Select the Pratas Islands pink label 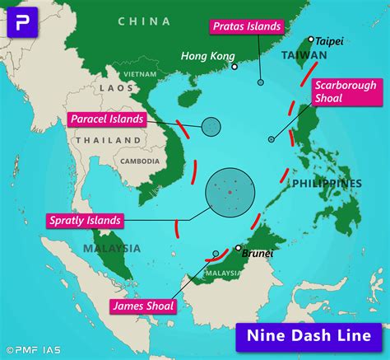pos(246,26)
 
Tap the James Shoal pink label pos(142,306)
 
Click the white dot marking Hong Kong pos(234,67)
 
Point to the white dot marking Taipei pos(311,39)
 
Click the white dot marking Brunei pos(238,247)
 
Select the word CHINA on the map pos(144,21)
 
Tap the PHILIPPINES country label pos(327,183)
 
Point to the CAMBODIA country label pos(140,161)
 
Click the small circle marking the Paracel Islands pos(211,126)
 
